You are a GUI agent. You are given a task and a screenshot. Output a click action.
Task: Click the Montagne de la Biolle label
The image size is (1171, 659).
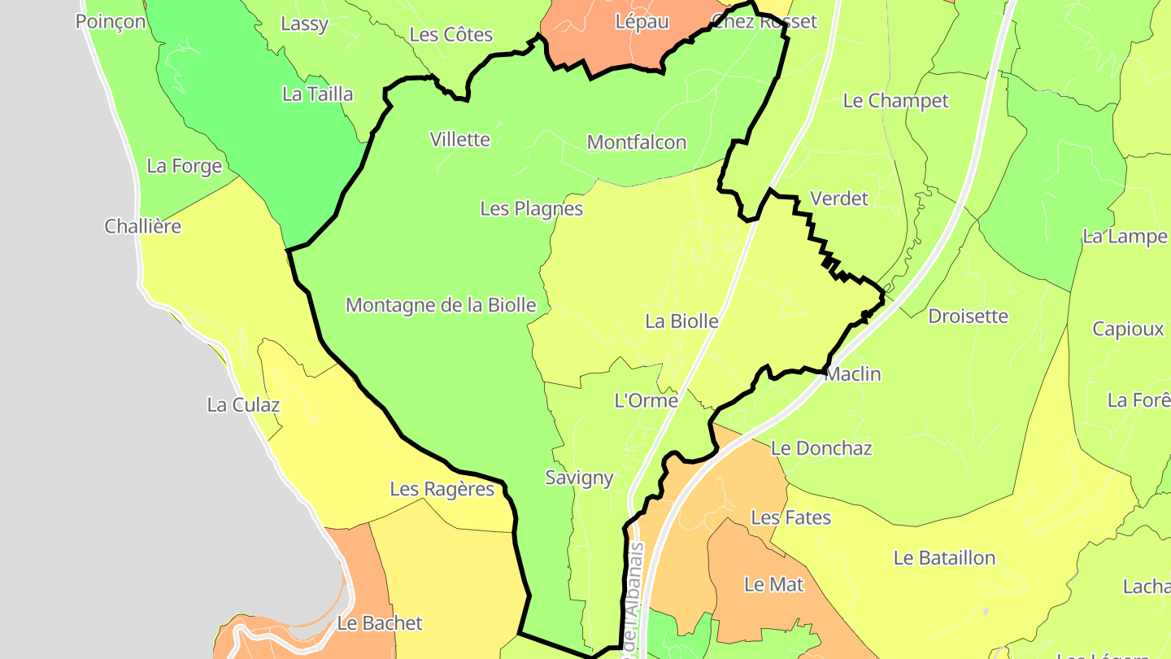(x=441, y=305)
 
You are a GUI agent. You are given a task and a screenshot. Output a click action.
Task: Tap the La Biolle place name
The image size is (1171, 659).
(x=681, y=321)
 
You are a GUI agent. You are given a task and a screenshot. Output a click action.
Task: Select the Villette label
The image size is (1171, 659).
(x=460, y=139)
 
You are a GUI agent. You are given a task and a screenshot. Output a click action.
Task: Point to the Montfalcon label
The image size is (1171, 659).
(x=637, y=142)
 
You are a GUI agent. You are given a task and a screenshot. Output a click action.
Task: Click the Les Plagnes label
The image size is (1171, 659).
(x=532, y=208)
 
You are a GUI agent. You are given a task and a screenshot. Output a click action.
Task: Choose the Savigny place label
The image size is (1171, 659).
(x=579, y=478)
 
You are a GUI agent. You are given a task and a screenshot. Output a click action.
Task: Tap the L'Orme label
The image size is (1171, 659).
(x=646, y=400)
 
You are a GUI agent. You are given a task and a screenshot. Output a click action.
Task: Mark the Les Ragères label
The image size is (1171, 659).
(x=442, y=489)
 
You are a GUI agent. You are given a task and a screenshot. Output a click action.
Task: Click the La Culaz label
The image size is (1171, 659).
(x=243, y=405)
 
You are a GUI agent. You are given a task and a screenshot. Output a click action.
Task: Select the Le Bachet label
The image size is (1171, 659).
(x=380, y=623)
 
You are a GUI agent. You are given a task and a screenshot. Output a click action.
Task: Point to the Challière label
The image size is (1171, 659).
(x=143, y=226)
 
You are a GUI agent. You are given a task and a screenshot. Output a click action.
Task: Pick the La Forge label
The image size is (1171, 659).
(x=185, y=166)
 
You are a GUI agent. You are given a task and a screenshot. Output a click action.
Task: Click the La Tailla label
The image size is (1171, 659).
(x=318, y=94)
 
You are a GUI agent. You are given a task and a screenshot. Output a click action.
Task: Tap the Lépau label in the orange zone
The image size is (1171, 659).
(x=642, y=22)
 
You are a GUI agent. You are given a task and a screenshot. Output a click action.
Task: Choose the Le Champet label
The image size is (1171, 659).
(x=896, y=101)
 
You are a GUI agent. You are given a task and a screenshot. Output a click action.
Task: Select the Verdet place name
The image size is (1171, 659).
(x=839, y=199)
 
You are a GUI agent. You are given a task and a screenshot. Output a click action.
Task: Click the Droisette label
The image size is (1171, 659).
(x=968, y=316)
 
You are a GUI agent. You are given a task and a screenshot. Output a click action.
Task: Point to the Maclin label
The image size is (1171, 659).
(x=853, y=374)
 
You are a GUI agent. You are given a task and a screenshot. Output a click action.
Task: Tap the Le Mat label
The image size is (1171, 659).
(x=774, y=584)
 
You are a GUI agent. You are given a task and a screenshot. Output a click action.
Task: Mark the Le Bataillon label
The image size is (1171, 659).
(x=944, y=558)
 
